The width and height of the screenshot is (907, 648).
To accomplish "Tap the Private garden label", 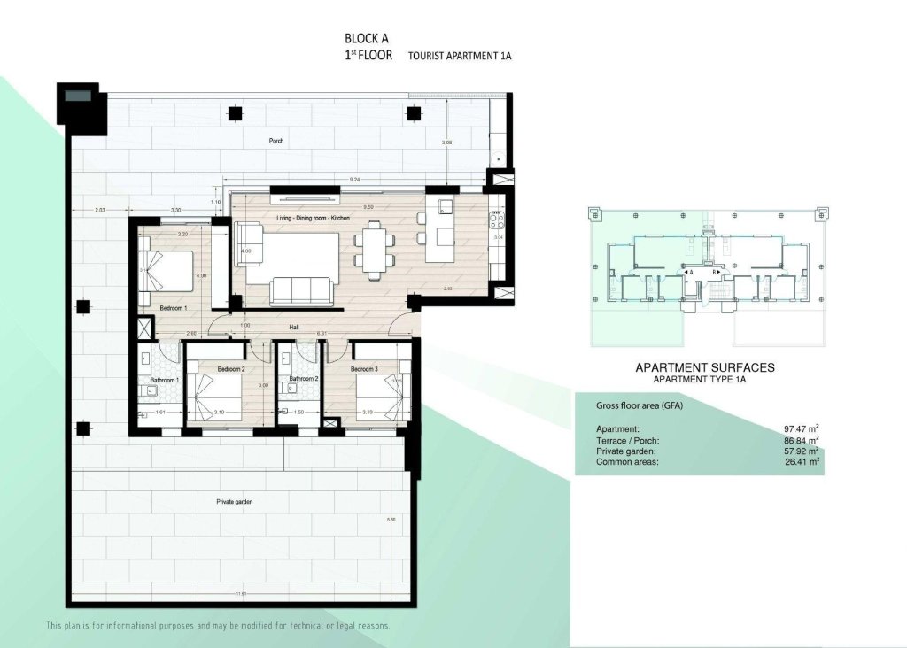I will click(x=235, y=502).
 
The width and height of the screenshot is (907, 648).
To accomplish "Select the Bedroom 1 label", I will click(x=172, y=308).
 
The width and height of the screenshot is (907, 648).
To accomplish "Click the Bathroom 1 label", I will click(x=164, y=380).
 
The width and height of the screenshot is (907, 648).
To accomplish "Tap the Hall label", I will click(x=294, y=328).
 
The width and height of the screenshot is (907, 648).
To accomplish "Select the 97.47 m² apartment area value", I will click(x=800, y=428).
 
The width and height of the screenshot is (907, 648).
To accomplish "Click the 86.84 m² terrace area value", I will click(x=800, y=440).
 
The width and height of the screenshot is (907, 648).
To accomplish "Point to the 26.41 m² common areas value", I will click(x=800, y=461).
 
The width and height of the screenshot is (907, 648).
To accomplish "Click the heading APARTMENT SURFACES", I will click(x=705, y=366).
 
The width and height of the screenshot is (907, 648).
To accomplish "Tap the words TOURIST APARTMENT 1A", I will click(x=460, y=56).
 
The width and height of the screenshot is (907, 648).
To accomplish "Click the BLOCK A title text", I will click(x=366, y=38).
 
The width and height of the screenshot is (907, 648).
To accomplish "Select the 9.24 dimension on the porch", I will click(x=355, y=180).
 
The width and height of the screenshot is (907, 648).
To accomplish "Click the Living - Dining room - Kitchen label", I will click(x=303, y=217).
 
